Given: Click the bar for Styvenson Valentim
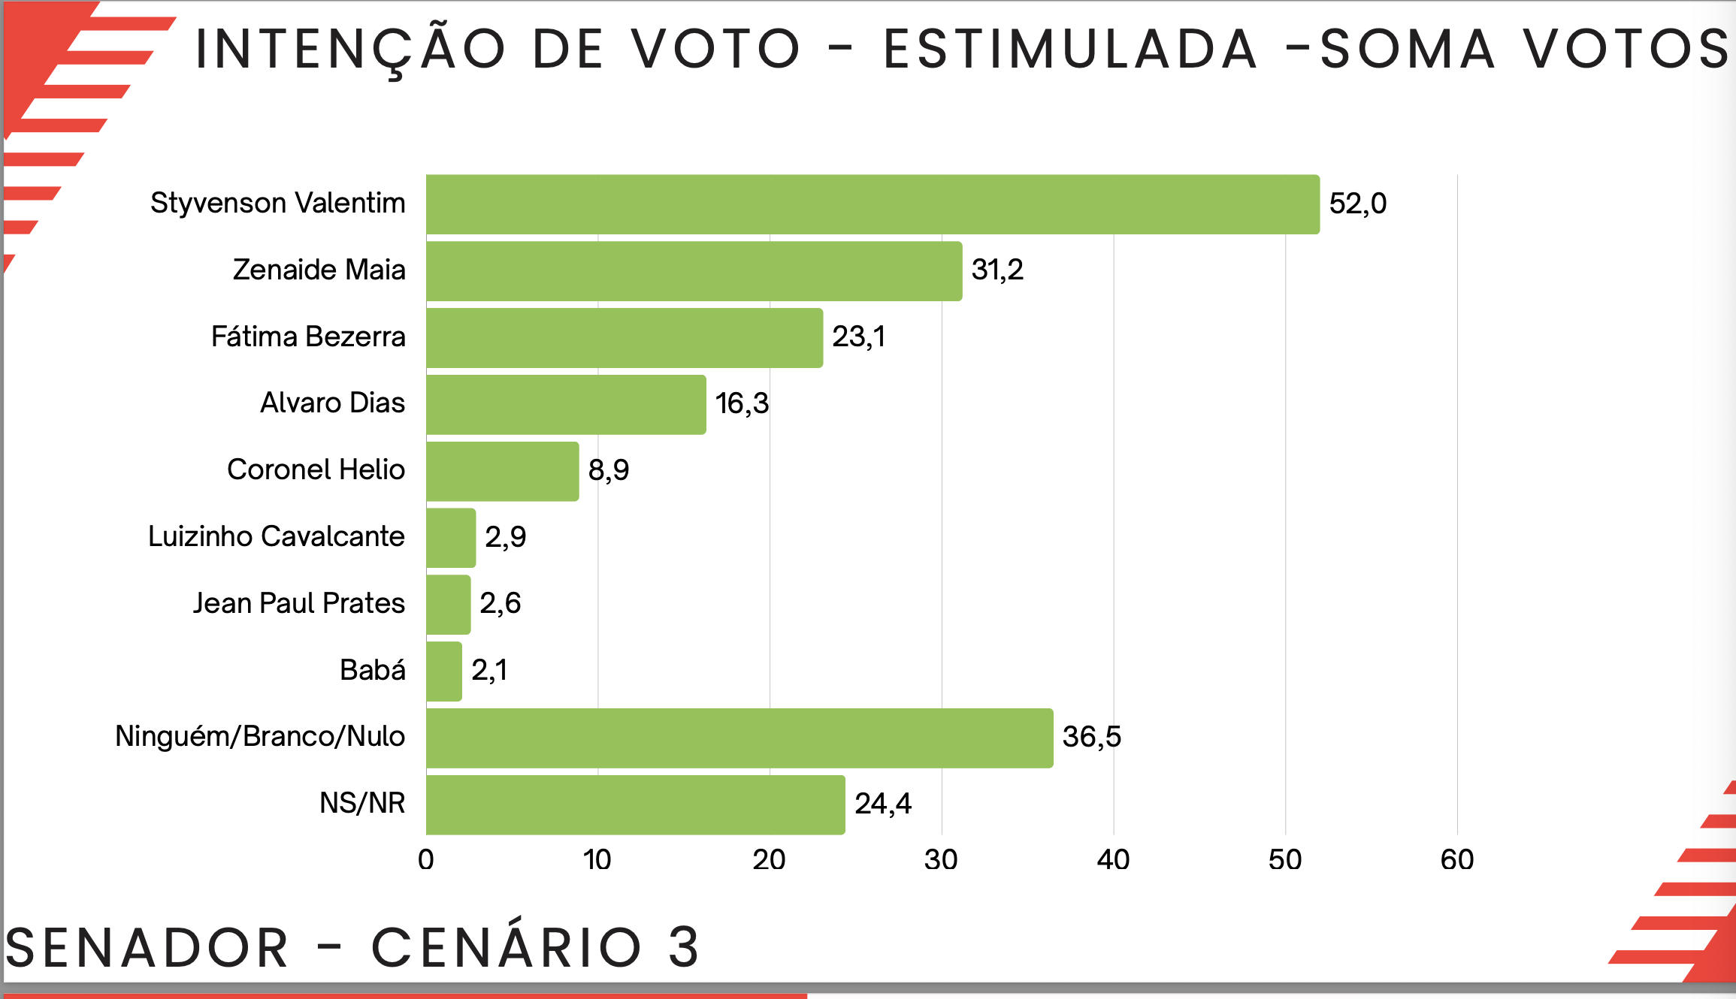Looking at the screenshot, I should (872, 204).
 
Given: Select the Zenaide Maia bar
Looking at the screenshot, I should (693, 271).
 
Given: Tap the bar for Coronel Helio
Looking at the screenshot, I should (502, 471).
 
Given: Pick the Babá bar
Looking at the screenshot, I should (443, 671).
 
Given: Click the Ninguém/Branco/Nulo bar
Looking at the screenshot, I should (739, 738).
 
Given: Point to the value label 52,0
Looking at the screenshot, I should (1357, 204).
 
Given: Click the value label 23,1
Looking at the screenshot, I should (858, 337).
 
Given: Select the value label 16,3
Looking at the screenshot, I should (742, 403).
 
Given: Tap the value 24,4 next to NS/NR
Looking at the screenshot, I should (883, 804).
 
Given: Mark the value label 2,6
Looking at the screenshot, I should (501, 603).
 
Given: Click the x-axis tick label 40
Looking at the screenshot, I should (1113, 860).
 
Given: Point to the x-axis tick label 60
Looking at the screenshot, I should (1456, 860).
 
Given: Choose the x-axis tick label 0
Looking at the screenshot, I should (426, 860).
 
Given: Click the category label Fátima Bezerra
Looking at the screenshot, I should (308, 337).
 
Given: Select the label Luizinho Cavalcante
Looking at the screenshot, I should (277, 536).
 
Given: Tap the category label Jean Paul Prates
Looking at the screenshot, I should (299, 603).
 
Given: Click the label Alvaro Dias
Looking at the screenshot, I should (332, 403).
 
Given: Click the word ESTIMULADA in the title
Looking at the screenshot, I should (1069, 50).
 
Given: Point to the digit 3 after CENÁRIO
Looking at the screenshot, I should (684, 947).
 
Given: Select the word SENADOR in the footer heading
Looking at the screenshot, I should (147, 948).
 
